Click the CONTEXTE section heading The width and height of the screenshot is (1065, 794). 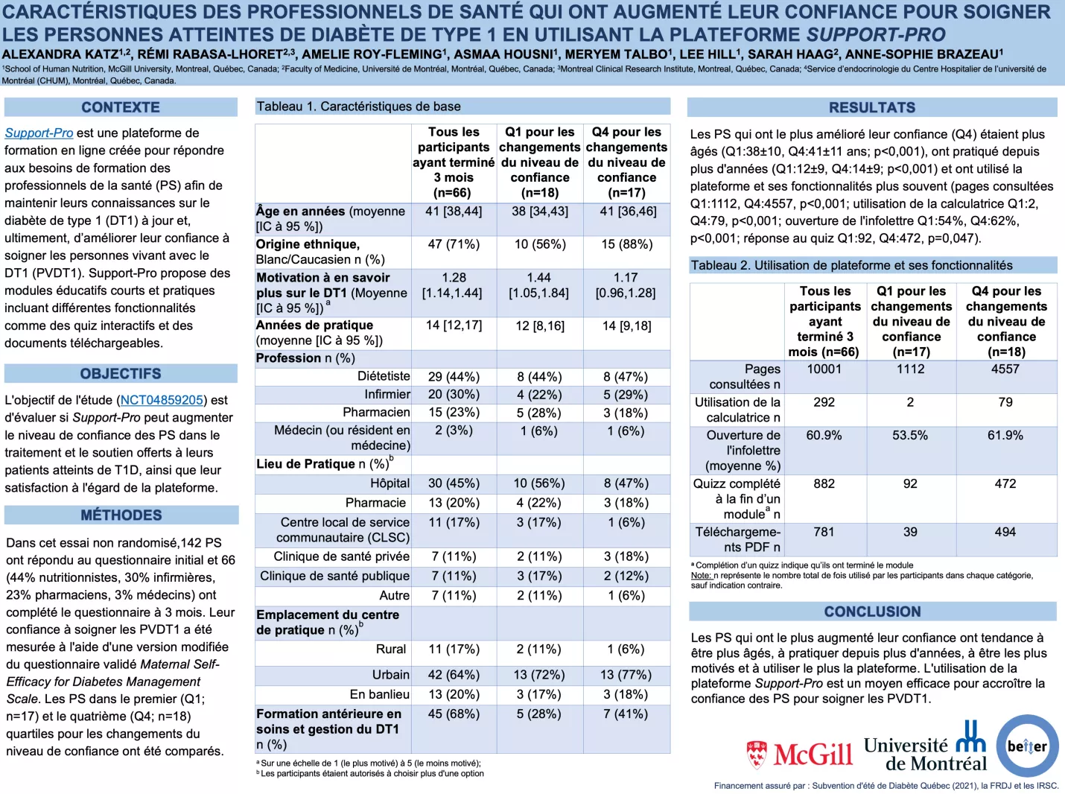coord(121,107)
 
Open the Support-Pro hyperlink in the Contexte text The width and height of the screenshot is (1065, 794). coord(39,133)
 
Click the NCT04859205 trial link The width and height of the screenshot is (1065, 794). coord(162,400)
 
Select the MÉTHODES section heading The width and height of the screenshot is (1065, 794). coord(121,515)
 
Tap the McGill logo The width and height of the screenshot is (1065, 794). coord(800,755)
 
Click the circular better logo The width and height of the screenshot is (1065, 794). coord(1027,746)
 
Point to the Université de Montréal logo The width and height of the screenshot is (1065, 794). coord(925,747)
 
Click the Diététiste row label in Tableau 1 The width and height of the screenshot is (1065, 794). coord(384,376)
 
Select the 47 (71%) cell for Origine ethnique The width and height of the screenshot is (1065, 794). coord(454,244)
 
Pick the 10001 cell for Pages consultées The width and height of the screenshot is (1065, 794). coord(824,369)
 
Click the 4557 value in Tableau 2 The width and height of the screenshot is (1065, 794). coord(1005,369)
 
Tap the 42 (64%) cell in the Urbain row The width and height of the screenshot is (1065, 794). coord(454,675)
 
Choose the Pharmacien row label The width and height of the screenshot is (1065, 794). coord(376,413)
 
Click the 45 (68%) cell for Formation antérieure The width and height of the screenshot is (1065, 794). coord(454,714)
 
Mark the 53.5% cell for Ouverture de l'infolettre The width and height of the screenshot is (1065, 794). coord(910,435)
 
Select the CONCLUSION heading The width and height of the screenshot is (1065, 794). coord(872,612)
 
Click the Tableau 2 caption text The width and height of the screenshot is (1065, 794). coord(851,265)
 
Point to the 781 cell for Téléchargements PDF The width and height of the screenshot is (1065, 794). coord(824,532)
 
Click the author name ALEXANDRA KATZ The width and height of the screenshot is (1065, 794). coord(60,54)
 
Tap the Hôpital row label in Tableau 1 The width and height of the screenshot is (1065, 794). coord(390,483)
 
